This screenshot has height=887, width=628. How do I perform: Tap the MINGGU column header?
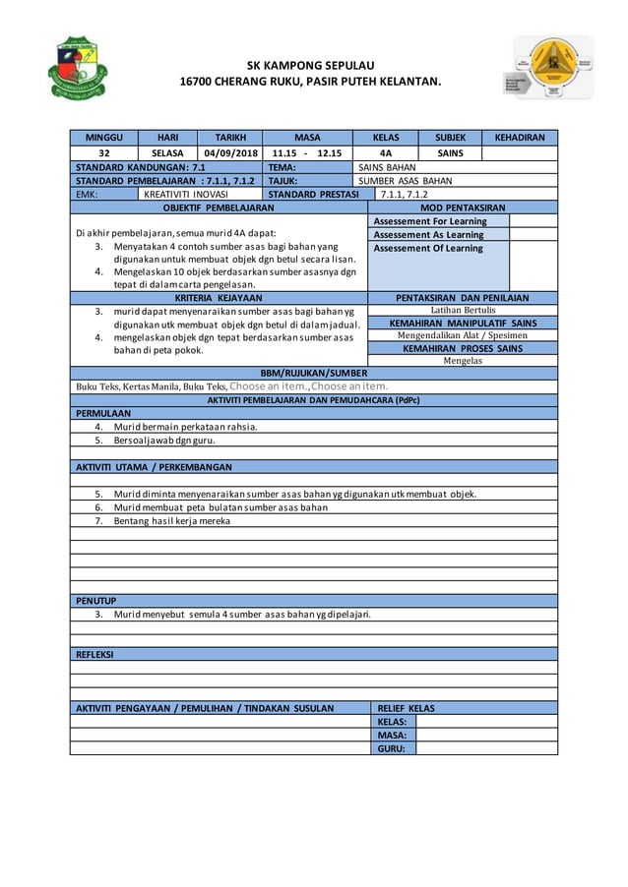tap(103, 139)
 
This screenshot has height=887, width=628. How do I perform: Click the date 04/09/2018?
tap(231, 153)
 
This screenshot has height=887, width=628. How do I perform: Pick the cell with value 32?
tap(103, 153)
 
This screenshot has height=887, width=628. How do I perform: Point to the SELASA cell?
tap(167, 153)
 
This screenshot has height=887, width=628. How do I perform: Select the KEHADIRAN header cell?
tap(519, 139)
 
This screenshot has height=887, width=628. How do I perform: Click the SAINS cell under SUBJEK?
tap(450, 153)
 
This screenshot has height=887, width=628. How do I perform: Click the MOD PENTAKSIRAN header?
tap(463, 208)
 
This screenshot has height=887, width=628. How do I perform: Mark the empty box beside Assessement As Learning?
tap(534, 235)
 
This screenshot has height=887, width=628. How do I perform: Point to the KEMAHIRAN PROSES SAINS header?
tap(463, 348)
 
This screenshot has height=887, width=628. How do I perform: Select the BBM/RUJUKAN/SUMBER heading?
tap(314, 374)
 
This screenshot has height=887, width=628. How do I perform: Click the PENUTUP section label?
tap(96, 600)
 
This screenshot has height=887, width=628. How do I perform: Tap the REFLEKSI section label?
tap(96, 654)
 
